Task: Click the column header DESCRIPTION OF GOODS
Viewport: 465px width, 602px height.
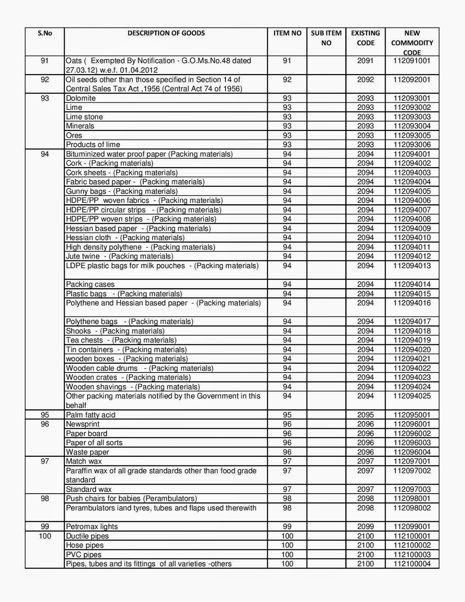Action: click(x=166, y=33)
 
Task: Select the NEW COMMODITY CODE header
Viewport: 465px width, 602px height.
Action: click(x=412, y=43)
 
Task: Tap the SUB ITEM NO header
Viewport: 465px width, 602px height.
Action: click(x=326, y=38)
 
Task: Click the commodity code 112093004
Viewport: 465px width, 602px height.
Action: click(x=412, y=126)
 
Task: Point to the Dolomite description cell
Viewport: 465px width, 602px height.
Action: click(x=81, y=98)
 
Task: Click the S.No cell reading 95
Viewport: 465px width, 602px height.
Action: click(x=45, y=415)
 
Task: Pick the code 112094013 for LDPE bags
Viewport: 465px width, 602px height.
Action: click(x=412, y=266)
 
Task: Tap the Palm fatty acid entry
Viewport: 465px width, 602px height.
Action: click(x=91, y=415)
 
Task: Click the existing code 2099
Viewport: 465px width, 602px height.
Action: click(x=365, y=526)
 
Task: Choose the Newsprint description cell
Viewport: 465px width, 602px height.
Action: click(x=83, y=424)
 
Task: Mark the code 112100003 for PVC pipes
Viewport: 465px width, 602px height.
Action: click(x=412, y=555)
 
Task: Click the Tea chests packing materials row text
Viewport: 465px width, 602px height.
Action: click(x=121, y=340)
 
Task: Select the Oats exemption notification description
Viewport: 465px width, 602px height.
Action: click(x=158, y=65)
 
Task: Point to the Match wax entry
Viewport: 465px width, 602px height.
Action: click(x=84, y=461)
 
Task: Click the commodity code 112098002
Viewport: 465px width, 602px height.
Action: click(x=412, y=508)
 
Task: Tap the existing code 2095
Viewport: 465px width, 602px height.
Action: click(x=365, y=415)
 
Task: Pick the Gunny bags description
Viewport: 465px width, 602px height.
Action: click(x=122, y=191)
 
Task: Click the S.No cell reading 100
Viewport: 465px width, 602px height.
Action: click(x=45, y=536)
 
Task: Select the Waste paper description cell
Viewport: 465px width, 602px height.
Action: click(x=87, y=452)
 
